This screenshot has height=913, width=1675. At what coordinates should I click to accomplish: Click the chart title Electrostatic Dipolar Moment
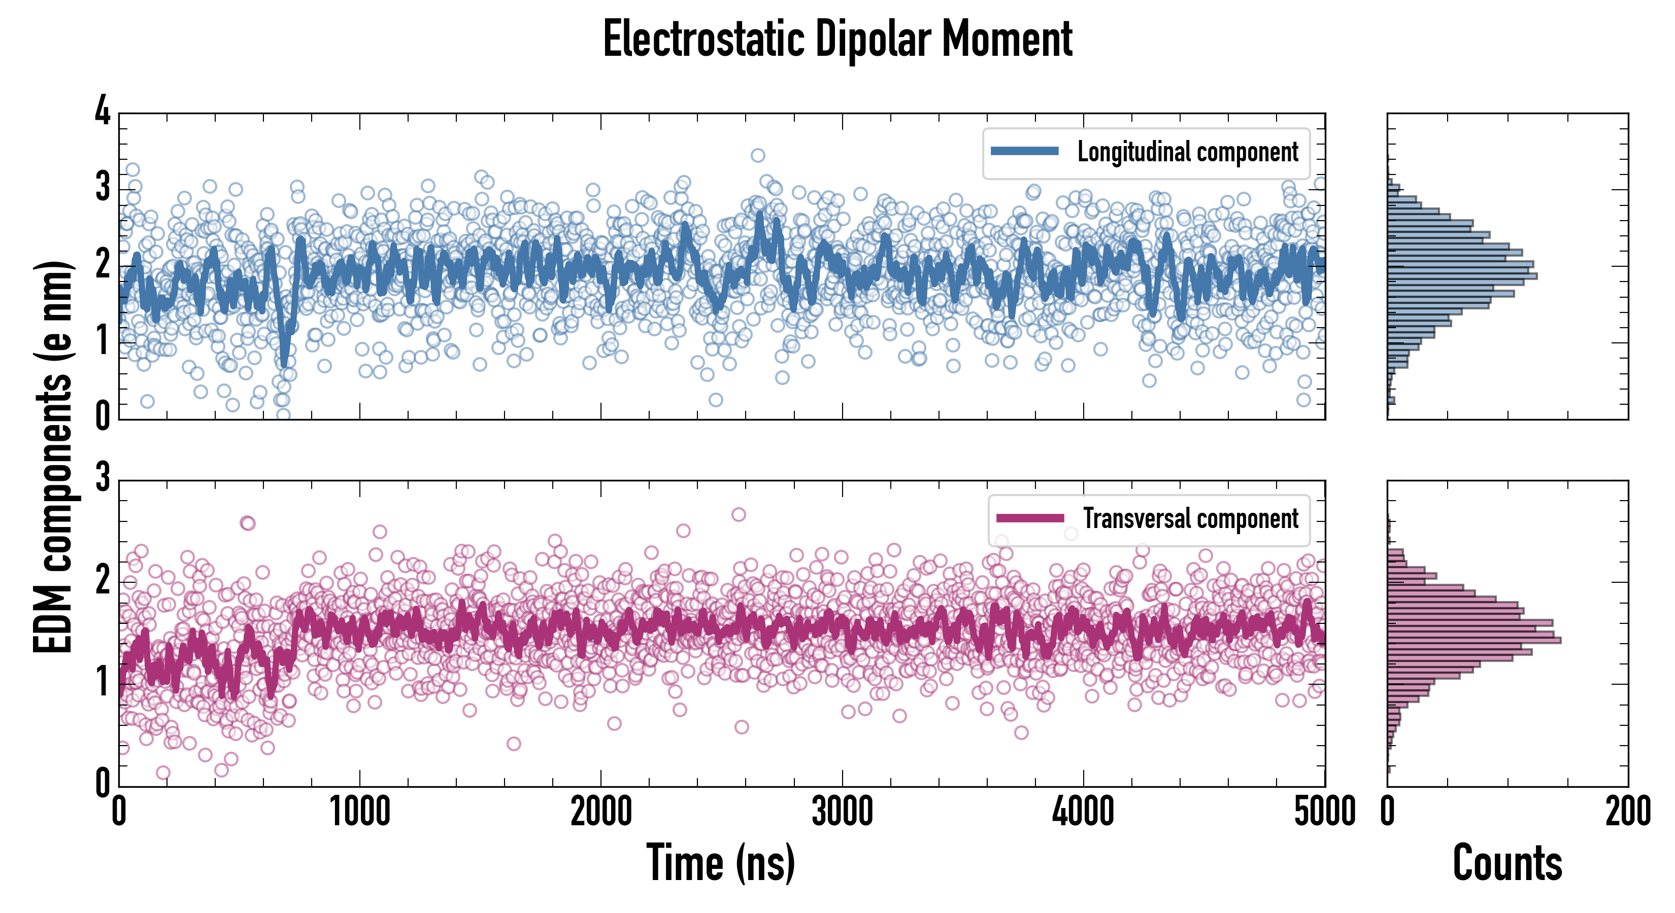(x=837, y=39)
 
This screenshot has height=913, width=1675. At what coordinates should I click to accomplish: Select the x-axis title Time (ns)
(x=720, y=862)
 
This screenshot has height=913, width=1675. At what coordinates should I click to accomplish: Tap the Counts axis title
(x=1507, y=862)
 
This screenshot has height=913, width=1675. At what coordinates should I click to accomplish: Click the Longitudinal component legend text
(x=1187, y=152)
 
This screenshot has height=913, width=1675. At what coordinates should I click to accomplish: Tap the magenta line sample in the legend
(x=1030, y=518)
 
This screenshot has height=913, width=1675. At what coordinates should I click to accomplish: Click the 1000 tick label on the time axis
(x=359, y=812)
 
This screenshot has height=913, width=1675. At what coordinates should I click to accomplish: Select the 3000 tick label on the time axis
(x=842, y=812)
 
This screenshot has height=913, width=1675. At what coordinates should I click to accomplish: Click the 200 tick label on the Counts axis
(x=1627, y=812)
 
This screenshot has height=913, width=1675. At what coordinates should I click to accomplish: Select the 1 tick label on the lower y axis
(x=103, y=682)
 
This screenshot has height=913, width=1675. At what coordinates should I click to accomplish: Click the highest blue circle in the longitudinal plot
(x=757, y=155)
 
